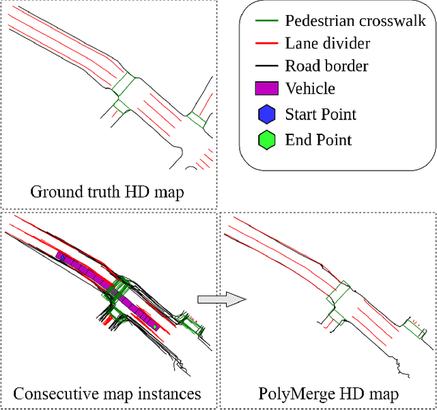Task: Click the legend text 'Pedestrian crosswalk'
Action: (x=355, y=21)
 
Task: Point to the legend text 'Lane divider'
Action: (x=327, y=44)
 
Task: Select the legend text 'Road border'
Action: (x=326, y=66)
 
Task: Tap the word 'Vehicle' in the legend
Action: (x=311, y=89)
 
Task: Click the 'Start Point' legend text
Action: (x=320, y=115)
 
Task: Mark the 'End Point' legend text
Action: (x=318, y=141)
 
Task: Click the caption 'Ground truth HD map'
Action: (x=107, y=192)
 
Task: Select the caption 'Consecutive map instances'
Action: (x=107, y=394)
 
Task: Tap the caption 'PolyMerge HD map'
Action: (x=328, y=394)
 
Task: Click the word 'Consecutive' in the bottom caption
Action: (x=54, y=394)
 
